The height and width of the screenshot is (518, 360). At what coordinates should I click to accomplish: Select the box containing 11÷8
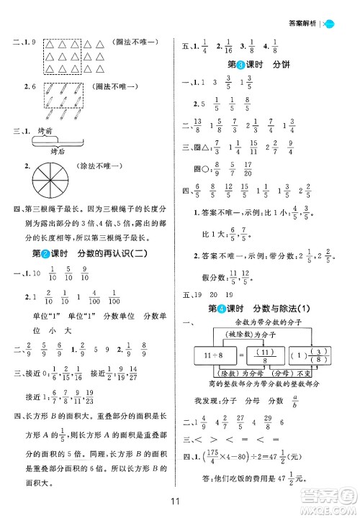tap(214, 355)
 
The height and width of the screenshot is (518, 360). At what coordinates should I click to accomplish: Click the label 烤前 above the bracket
tap(49, 132)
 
